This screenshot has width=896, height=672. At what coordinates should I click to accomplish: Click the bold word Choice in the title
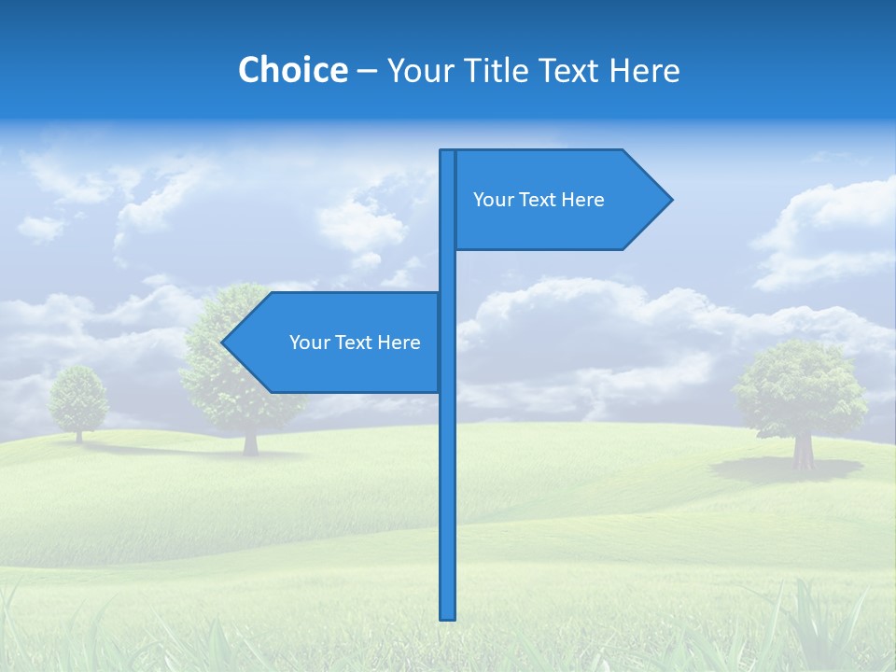click(x=292, y=70)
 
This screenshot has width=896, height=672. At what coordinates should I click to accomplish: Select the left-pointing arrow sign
click(x=336, y=343)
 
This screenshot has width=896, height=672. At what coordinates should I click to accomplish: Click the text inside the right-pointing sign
click(x=539, y=200)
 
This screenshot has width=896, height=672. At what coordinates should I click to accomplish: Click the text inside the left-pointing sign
click(x=355, y=343)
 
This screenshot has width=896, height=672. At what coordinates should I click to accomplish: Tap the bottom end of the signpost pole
click(x=448, y=616)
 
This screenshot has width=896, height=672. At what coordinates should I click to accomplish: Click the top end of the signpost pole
click(x=448, y=153)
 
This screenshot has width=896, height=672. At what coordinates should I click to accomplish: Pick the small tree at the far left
click(x=78, y=399)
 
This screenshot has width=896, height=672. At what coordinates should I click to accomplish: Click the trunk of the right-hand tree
click(x=803, y=452)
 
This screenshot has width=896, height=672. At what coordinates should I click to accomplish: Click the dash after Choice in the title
click(x=367, y=71)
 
